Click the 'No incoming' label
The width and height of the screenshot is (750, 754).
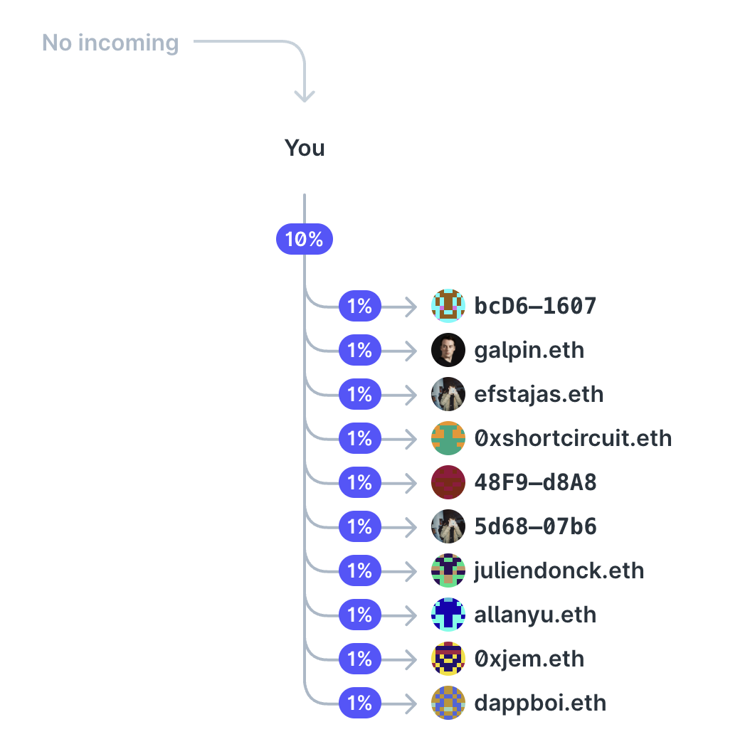point(110,43)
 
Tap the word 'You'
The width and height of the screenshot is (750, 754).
point(305,148)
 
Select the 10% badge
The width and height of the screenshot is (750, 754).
point(305,240)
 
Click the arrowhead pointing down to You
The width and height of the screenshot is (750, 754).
point(305,95)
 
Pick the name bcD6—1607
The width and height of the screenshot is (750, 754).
point(535,306)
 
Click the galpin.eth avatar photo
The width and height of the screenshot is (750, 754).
point(448,350)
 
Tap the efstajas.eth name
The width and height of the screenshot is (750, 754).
point(539,394)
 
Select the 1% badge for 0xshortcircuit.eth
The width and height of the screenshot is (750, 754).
point(360,438)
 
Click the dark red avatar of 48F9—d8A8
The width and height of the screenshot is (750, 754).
point(448,482)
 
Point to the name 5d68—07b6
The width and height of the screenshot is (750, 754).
point(535,526)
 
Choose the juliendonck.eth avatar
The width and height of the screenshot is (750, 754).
point(448,570)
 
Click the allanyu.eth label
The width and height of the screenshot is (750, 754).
point(535,615)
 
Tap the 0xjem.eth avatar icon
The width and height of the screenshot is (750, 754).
point(448,659)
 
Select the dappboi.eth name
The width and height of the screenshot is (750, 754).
point(540,703)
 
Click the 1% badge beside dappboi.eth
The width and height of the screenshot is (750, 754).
point(360,703)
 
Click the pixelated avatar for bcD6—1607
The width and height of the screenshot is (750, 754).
point(448,306)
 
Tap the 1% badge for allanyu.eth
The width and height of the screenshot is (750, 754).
point(360,615)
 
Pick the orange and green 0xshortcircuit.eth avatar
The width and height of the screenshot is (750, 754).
point(448,438)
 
